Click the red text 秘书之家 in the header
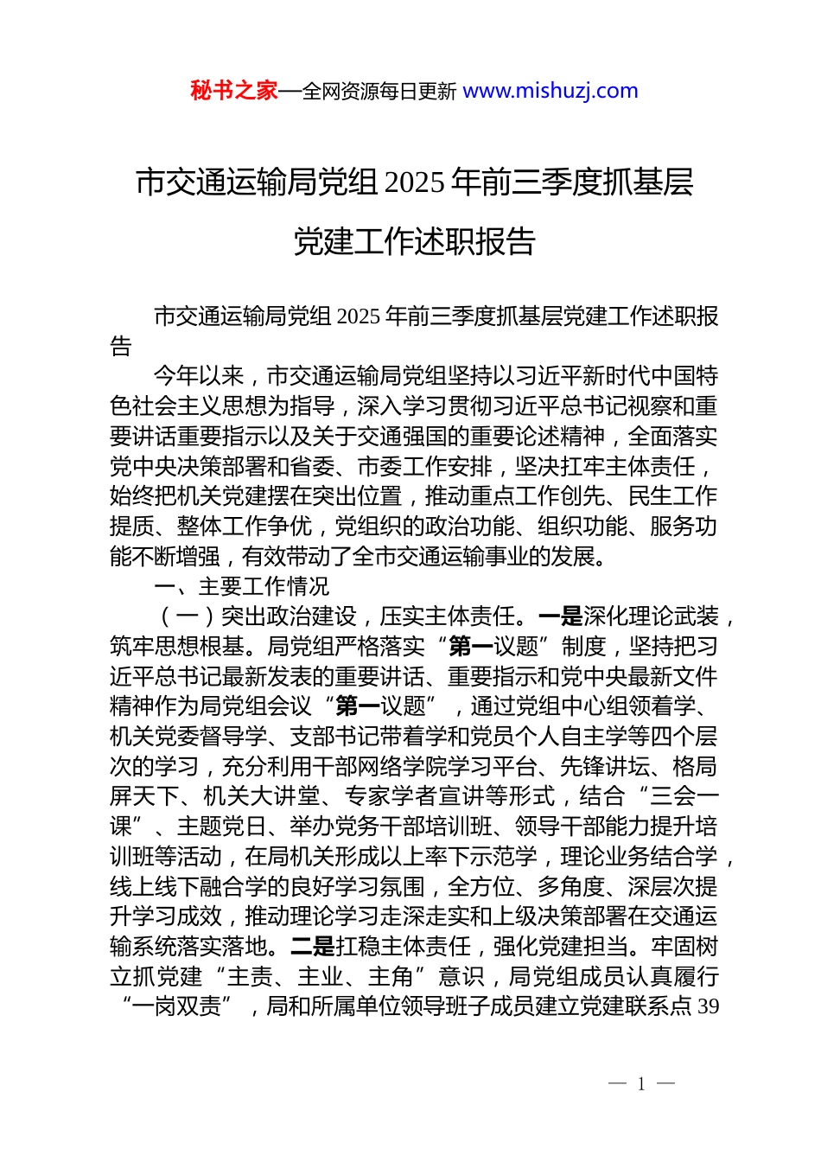(234, 91)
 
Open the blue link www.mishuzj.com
(551, 91)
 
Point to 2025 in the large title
(415, 182)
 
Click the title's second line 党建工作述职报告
(415, 242)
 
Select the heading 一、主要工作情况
(242, 587)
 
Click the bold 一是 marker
(561, 616)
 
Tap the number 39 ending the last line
(708, 1006)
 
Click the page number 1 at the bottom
(641, 1084)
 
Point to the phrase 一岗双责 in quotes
(176, 1006)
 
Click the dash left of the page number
(617, 1084)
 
